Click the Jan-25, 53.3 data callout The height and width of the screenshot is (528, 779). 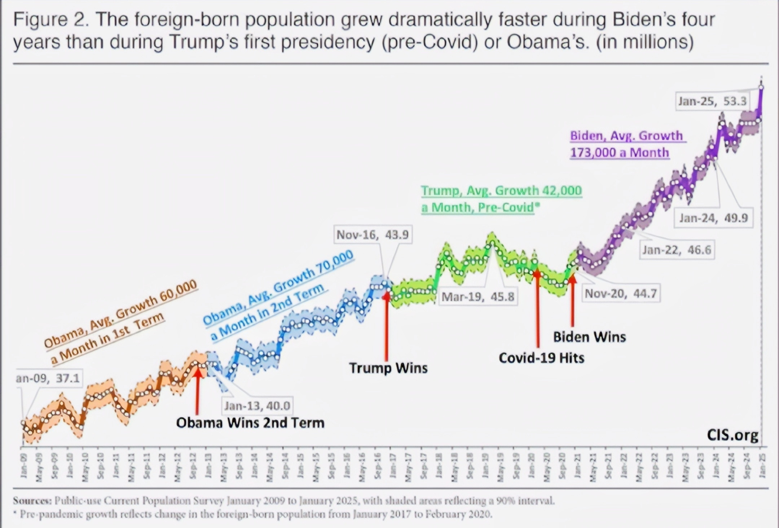[x=712, y=101]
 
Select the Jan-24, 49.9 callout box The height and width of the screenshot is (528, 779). [x=713, y=218]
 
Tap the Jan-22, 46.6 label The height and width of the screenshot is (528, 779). [x=677, y=250]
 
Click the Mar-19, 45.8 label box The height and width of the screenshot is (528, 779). [x=478, y=296]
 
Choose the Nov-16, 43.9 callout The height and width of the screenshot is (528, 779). [x=373, y=235]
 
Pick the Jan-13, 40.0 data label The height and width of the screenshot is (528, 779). [x=257, y=406]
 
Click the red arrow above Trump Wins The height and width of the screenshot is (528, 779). [x=386, y=325]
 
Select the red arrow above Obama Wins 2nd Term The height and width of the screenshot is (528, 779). [x=197, y=391]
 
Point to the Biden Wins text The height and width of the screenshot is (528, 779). [x=589, y=337]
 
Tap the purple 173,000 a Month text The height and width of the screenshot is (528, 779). [x=619, y=153]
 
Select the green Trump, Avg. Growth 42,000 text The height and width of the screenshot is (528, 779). [x=501, y=191]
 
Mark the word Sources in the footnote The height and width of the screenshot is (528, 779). [x=32, y=501]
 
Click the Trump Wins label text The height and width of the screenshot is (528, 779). [x=388, y=368]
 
